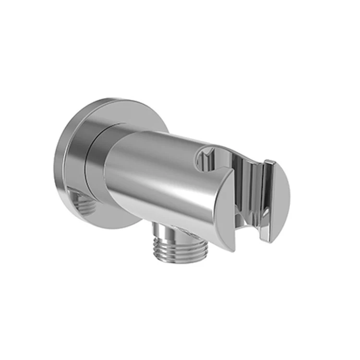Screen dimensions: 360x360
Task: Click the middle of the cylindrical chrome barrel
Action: (x=158, y=168)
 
